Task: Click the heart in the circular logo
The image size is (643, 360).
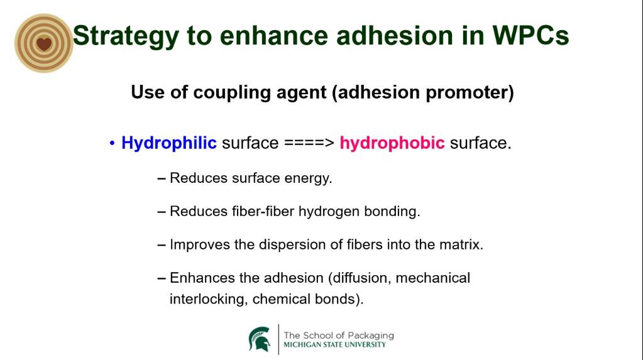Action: click(44, 43)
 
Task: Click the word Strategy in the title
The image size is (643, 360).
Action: click(126, 36)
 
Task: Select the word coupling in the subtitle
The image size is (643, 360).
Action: click(232, 92)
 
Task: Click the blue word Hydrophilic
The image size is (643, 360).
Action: click(169, 143)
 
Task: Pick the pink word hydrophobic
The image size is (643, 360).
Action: click(392, 143)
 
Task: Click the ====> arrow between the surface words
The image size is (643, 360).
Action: click(309, 143)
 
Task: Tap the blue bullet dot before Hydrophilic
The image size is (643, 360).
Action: click(112, 143)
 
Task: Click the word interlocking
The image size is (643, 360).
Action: click(208, 299)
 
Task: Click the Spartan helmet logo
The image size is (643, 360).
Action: click(260, 339)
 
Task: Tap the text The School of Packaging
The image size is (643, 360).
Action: click(339, 335)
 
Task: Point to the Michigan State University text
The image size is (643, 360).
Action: click(334, 345)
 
